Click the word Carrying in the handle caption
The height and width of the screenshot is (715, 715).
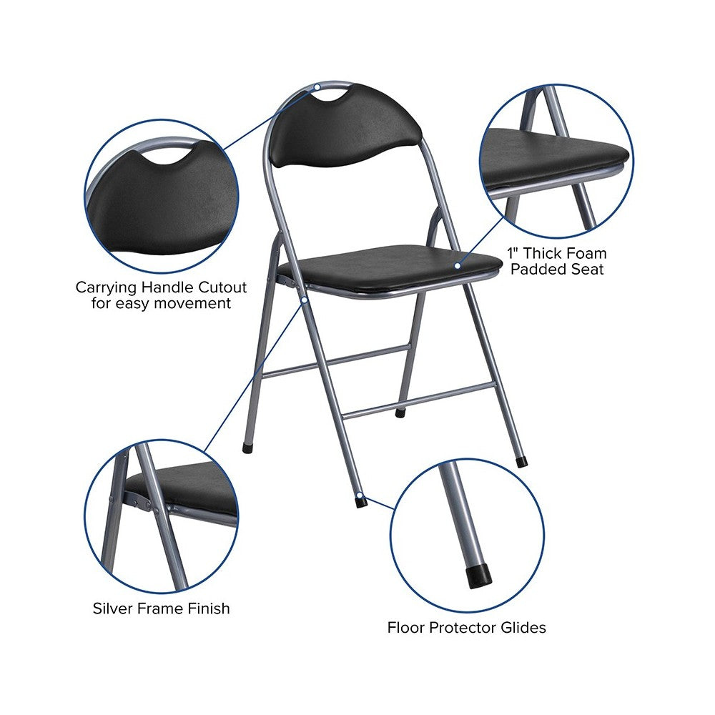click(107, 287)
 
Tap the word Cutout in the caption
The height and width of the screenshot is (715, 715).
click(222, 287)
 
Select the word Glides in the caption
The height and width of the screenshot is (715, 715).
click(523, 628)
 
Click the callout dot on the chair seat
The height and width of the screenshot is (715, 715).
click(458, 265)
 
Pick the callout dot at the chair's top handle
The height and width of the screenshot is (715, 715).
click(318, 87)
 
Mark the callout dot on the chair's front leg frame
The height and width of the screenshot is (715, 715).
click(304, 300)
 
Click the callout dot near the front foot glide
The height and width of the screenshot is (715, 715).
click(360, 495)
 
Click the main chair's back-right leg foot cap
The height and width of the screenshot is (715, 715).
click(522, 461)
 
